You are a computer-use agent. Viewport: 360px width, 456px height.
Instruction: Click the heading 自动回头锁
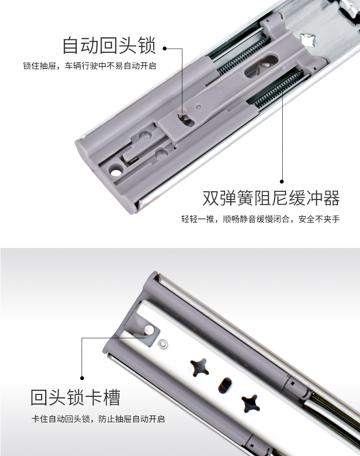(x=109, y=45)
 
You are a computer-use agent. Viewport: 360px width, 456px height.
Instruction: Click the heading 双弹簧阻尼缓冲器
(x=271, y=198)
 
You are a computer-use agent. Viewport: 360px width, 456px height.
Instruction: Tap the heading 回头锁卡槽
(x=75, y=397)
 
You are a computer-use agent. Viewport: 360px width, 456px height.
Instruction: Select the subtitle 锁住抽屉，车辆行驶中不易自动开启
(x=89, y=66)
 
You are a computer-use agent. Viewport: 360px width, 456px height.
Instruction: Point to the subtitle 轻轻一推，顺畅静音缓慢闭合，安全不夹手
(x=260, y=219)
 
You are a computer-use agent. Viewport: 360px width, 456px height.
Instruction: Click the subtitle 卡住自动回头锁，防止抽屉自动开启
(x=98, y=419)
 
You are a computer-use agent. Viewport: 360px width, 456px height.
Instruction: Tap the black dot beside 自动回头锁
(x=165, y=48)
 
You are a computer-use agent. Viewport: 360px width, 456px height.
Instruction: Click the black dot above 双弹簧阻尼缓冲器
(x=282, y=182)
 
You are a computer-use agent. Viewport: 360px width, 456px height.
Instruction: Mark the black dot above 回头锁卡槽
(x=82, y=378)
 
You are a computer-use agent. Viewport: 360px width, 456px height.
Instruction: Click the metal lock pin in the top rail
(x=182, y=112)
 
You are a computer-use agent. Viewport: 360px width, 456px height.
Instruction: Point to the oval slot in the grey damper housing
(x=261, y=66)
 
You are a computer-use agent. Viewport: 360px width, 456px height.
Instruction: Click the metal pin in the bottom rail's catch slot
(x=149, y=330)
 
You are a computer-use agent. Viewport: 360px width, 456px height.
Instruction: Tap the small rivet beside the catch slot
(x=163, y=345)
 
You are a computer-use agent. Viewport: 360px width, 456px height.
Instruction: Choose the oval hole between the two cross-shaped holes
(x=225, y=386)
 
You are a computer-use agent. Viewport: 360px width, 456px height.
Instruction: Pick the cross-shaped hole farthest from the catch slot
(x=251, y=403)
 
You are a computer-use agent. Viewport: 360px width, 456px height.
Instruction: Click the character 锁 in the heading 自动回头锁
(x=148, y=45)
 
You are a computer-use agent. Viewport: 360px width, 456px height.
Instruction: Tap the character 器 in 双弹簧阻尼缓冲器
(x=332, y=198)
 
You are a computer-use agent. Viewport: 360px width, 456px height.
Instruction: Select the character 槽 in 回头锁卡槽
(x=111, y=397)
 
